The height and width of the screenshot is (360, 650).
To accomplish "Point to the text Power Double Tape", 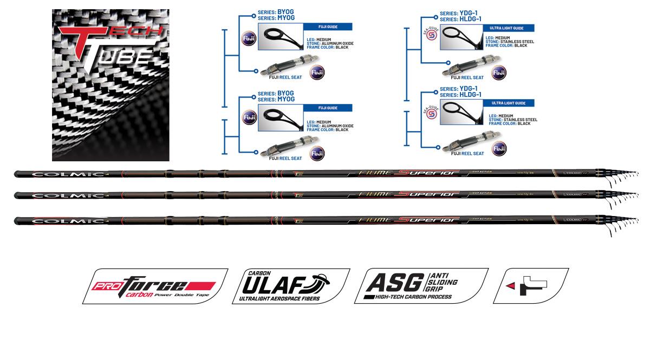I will (182, 296).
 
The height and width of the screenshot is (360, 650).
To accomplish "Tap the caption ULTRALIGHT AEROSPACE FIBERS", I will (276, 299).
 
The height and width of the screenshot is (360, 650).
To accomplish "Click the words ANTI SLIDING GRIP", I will (443, 282).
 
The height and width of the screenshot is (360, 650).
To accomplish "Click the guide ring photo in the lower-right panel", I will (461, 113).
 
